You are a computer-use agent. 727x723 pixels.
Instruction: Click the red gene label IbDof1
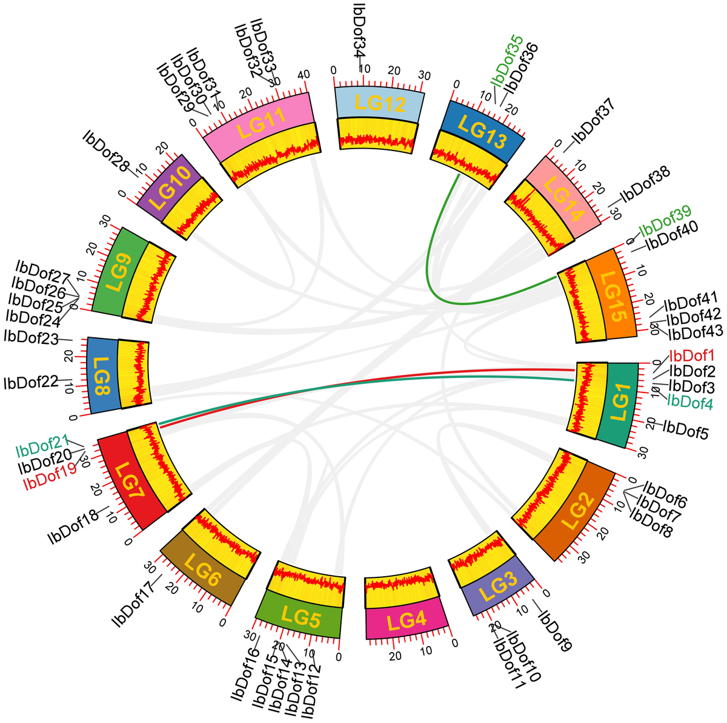(x=692, y=356)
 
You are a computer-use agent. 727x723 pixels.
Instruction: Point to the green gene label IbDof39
(x=665, y=221)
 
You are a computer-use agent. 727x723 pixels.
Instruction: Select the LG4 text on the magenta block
(x=406, y=622)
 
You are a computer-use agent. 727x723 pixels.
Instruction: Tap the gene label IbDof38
(x=645, y=184)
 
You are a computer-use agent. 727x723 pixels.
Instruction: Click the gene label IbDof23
(x=31, y=337)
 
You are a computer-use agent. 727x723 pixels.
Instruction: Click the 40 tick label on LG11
(x=304, y=75)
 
